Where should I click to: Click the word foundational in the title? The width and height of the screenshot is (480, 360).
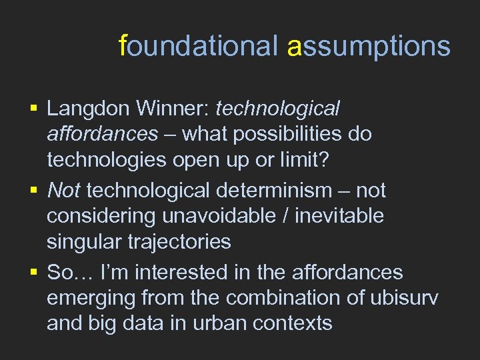click(197, 46)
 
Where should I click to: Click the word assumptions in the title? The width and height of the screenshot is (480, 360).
click(369, 46)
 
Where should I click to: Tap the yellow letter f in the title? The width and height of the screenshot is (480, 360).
click(122, 46)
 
